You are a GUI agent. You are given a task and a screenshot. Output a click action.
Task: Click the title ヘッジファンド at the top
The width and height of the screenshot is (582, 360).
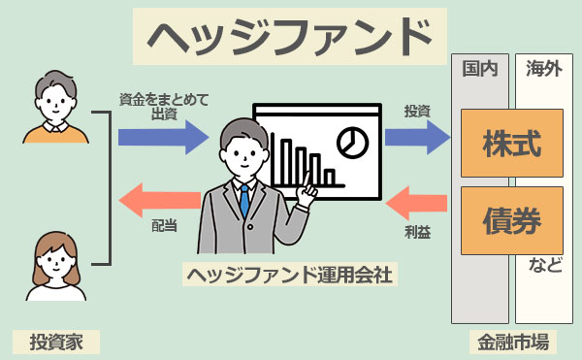point(290,36)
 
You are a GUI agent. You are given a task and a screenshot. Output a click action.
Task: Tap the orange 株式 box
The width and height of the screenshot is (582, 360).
point(511,143)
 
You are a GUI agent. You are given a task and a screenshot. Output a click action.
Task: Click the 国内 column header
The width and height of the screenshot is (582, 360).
point(479,69)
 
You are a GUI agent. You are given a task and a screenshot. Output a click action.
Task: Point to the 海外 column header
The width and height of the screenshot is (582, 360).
point(543,69)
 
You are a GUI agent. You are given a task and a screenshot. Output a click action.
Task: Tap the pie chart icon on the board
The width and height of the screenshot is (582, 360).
point(352,143)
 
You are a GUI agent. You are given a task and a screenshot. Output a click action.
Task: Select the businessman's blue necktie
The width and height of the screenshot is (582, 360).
point(245,200)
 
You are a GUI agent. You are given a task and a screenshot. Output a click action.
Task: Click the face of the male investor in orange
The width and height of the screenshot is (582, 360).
point(50,99)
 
